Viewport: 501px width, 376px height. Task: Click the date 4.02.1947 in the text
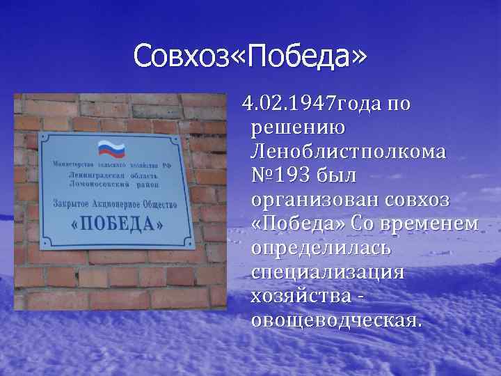[x=289, y=104]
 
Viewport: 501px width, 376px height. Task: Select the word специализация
[x=326, y=272]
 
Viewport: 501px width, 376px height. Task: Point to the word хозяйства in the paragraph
[x=301, y=296]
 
